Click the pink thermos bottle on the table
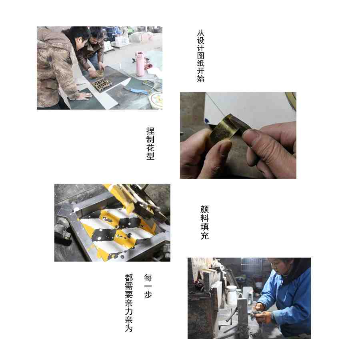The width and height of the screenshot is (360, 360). coord(140,64)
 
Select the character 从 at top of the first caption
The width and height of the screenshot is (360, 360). coord(200,33)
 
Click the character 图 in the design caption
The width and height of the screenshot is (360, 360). coord(200,56)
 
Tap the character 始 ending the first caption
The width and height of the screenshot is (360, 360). coord(200,78)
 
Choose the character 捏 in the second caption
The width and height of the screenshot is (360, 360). coord(150,131)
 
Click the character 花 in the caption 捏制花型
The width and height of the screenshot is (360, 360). coord(150,148)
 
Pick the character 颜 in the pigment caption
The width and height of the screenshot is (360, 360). coord(204,209)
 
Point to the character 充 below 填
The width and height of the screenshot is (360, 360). coord(204,236)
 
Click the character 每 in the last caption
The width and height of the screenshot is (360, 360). coord(148,278)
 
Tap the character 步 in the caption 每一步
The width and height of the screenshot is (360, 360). coord(148,294)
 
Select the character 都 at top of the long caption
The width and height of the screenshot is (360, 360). coord(129,278)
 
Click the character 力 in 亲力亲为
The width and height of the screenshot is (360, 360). coord(129,312)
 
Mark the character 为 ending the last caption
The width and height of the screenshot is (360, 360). coord(129,328)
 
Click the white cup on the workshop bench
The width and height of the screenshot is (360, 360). coord(232,295)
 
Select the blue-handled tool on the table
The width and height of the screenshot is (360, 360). coord(137,90)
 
